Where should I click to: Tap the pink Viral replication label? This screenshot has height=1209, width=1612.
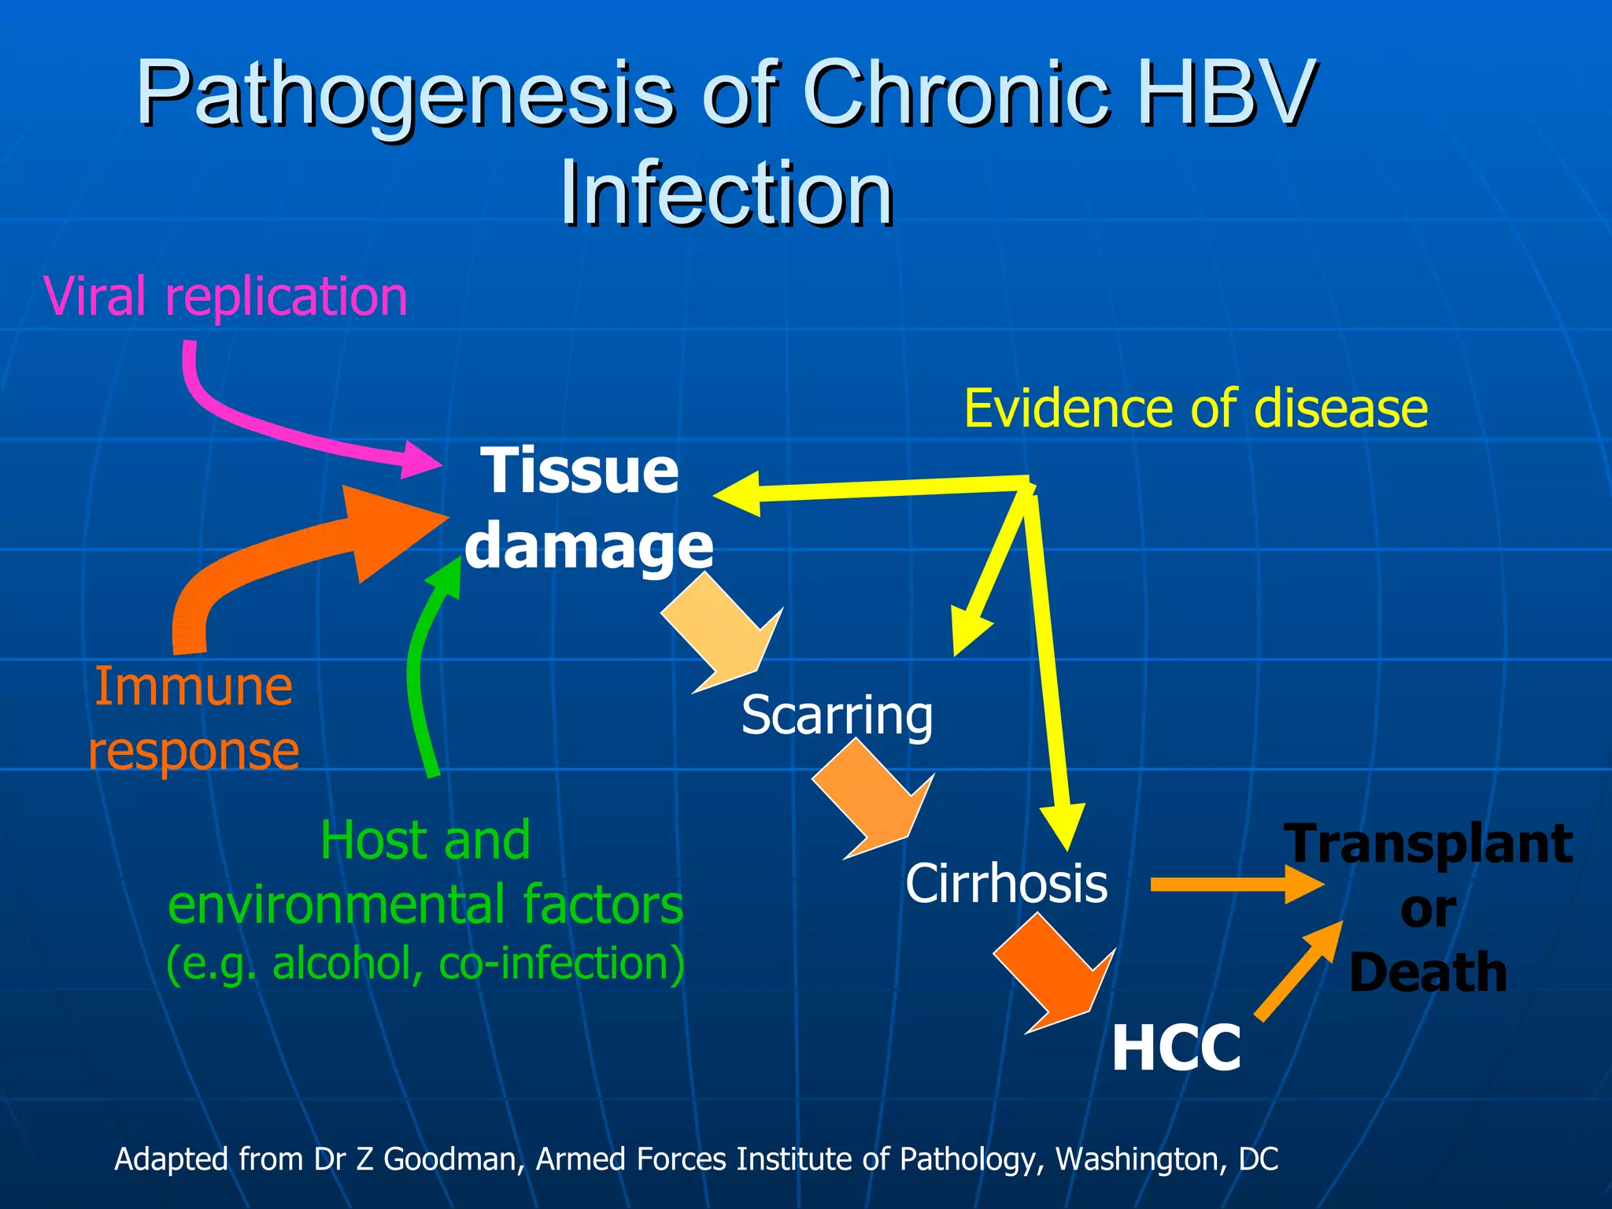coord(226,297)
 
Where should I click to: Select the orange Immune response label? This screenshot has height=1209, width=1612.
coord(194,718)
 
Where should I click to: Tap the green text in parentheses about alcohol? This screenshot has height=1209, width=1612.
coord(425,963)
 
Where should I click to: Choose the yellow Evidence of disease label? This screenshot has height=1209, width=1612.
coord(1196,409)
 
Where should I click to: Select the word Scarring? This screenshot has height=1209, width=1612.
coord(837,715)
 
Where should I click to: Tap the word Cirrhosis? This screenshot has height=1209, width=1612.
coord(1006,883)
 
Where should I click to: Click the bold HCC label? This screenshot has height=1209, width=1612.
coord(1176,1048)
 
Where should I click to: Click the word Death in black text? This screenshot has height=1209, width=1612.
coord(1428,972)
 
